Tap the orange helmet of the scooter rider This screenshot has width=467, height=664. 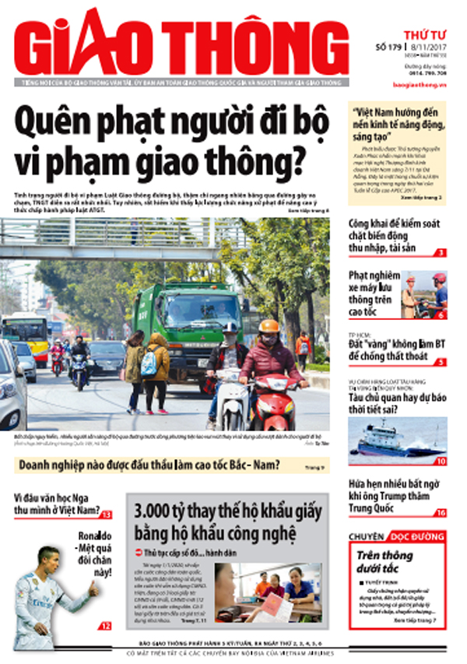tap(269, 326)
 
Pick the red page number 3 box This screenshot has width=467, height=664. tap(441, 252)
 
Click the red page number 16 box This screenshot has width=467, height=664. tap(441, 512)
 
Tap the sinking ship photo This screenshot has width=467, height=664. tap(398, 440)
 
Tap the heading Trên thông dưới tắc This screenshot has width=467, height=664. tap(390, 563)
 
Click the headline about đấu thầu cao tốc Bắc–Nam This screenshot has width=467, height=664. tap(148, 466)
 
